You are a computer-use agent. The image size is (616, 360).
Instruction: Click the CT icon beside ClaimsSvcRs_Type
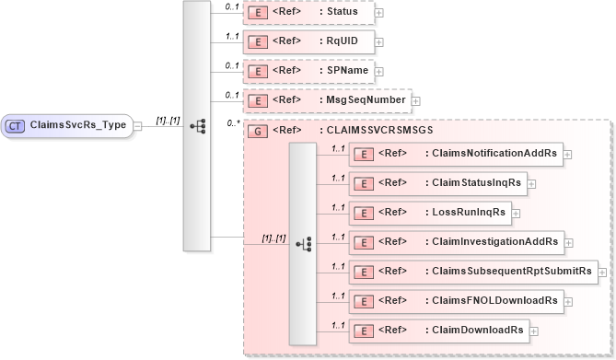[x=16, y=124]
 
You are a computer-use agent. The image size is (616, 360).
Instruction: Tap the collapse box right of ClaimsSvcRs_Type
[x=136, y=124]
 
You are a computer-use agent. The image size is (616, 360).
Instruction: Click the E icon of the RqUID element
[x=260, y=41]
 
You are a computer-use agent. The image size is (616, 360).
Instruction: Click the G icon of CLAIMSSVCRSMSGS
[x=260, y=131]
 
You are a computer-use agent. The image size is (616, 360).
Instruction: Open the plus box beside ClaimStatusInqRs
[x=531, y=183]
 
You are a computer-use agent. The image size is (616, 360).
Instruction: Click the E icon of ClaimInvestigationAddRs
[x=365, y=241]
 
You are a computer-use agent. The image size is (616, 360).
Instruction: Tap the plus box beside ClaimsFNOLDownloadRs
[x=567, y=300]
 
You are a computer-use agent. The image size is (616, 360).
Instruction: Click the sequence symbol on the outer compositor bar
[x=196, y=125]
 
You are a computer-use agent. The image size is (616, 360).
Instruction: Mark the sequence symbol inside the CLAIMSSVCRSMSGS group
[x=304, y=242]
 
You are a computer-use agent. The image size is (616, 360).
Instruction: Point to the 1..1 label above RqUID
[x=232, y=35]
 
